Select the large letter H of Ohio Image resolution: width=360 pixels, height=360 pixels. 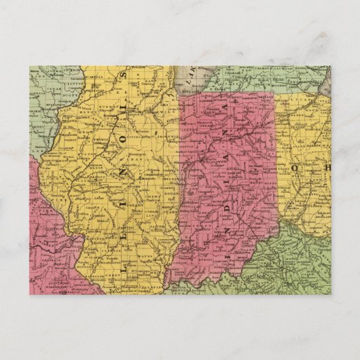(x=325, y=167)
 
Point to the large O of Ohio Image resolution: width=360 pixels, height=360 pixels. (x=296, y=166)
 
